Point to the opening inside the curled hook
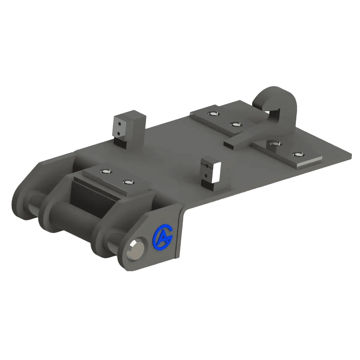(272, 113)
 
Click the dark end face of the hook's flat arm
(229, 144)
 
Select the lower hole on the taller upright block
(118, 133)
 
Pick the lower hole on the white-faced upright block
(206, 175)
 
